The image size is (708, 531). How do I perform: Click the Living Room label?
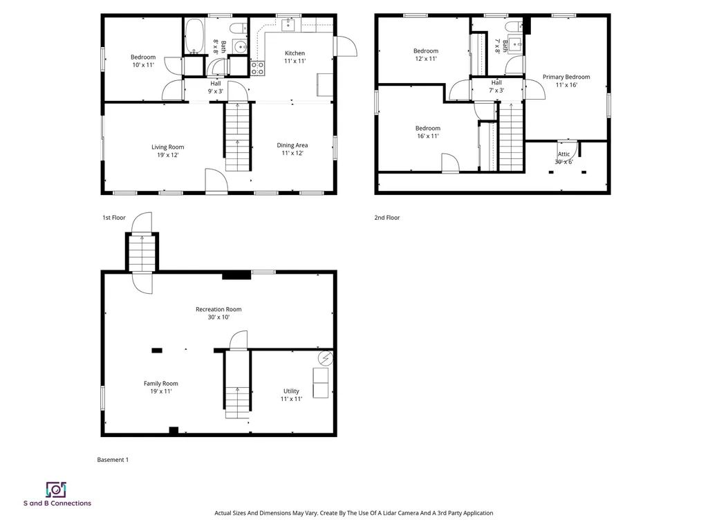tap(168, 147)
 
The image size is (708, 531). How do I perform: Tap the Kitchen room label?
tap(295, 53)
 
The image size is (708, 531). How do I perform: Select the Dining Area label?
tap(292, 145)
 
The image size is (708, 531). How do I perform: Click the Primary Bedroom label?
tap(566, 77)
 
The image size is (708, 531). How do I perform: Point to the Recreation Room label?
tap(218, 309)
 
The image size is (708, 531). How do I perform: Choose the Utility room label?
tap(291, 391)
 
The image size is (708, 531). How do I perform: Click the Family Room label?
tap(161, 384)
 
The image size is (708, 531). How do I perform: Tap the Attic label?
tap(564, 154)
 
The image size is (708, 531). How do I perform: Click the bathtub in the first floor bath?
tap(194, 36)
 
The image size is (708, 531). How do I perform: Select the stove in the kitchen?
tap(257, 68)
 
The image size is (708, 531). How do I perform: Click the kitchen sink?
tap(288, 26)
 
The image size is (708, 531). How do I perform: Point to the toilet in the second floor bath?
tap(514, 27)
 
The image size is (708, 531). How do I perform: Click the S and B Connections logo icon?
tap(56, 490)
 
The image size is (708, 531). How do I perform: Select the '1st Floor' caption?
tap(113, 218)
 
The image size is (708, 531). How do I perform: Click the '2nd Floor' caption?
tap(387, 218)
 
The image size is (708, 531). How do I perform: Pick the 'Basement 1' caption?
tap(113, 460)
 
